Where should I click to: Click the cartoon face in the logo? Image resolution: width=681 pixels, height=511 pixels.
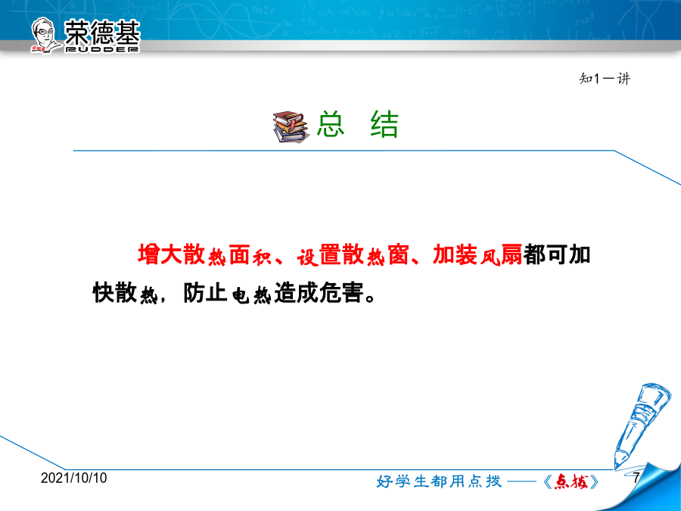click(44, 35)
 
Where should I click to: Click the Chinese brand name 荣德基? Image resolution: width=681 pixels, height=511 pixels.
click(102, 32)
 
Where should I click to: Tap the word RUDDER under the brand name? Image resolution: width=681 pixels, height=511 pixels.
click(102, 49)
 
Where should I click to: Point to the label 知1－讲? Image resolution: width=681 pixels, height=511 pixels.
click(604, 79)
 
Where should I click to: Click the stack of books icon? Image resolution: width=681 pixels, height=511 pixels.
click(291, 127)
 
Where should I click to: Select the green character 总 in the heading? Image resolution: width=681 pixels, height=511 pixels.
click(331, 124)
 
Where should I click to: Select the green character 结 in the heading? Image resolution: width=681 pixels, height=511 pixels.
click(384, 124)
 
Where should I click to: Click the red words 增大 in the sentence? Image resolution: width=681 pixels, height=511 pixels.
click(160, 254)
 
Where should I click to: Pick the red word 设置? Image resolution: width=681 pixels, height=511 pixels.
click(319, 255)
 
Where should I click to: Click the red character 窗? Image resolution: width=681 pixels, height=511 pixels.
click(398, 254)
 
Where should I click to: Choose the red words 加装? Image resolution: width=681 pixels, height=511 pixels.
click(455, 254)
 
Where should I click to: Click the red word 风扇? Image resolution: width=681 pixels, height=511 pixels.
click(501, 254)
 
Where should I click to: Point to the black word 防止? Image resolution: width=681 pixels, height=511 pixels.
click(205, 292)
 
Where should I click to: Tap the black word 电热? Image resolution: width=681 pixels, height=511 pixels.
click(252, 294)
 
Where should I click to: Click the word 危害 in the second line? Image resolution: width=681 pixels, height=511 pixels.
click(341, 292)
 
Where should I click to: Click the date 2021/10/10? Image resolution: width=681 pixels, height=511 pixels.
click(74, 478)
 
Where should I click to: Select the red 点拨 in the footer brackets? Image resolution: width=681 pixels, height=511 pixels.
click(571, 481)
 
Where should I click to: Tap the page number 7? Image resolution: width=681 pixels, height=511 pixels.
click(636, 478)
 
